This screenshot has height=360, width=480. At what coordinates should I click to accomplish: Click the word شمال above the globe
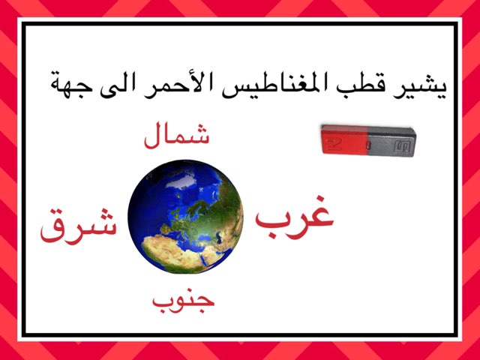click(176, 136)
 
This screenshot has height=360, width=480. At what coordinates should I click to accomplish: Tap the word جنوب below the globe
click(184, 300)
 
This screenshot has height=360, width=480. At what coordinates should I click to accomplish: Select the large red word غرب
click(294, 215)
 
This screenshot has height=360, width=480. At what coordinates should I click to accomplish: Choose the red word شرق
click(79, 226)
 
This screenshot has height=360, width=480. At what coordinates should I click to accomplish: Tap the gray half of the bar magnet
click(393, 139)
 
